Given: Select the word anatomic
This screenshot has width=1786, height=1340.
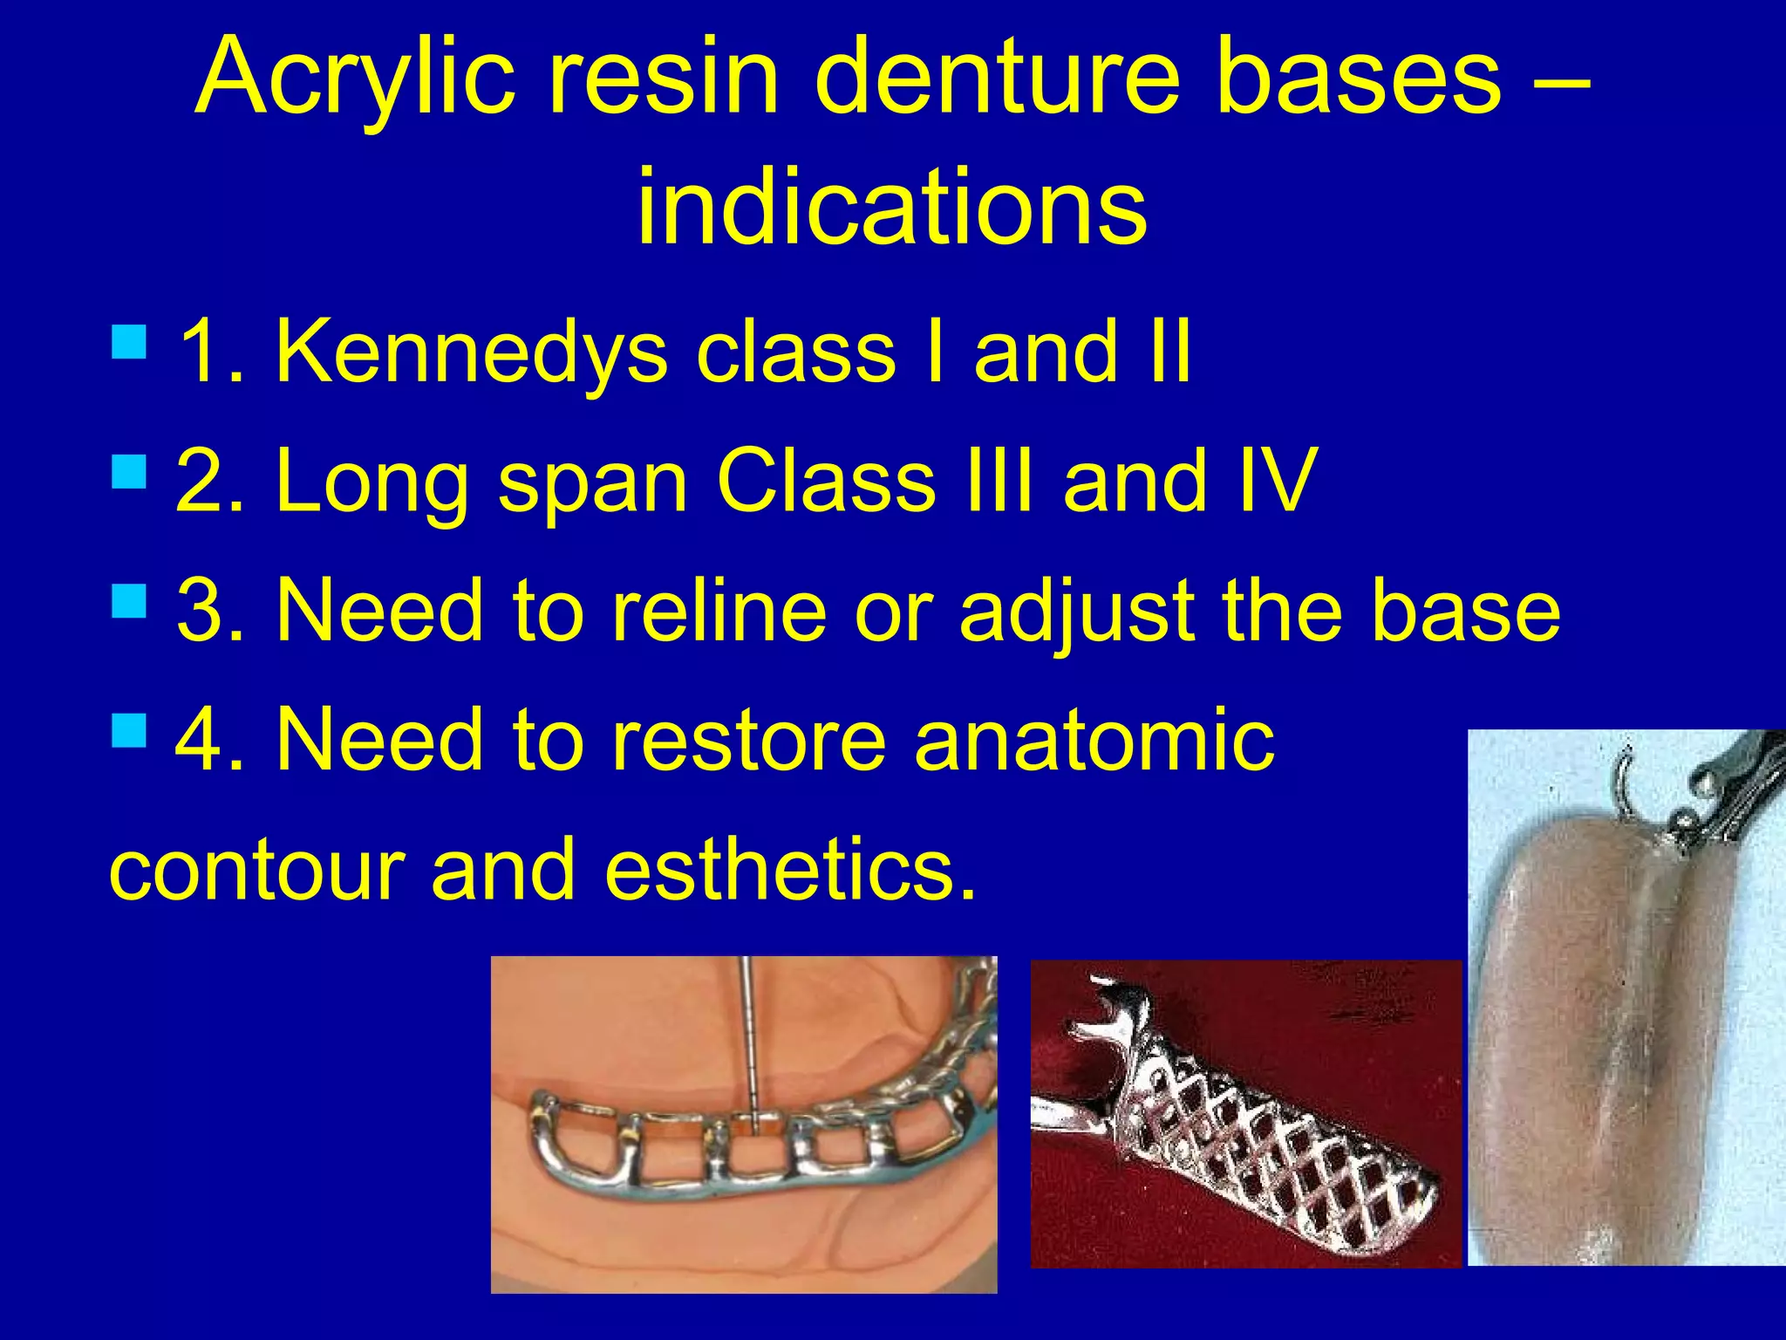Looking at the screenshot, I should (x=1094, y=739).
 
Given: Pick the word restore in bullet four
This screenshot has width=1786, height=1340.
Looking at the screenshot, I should (x=755, y=739).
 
